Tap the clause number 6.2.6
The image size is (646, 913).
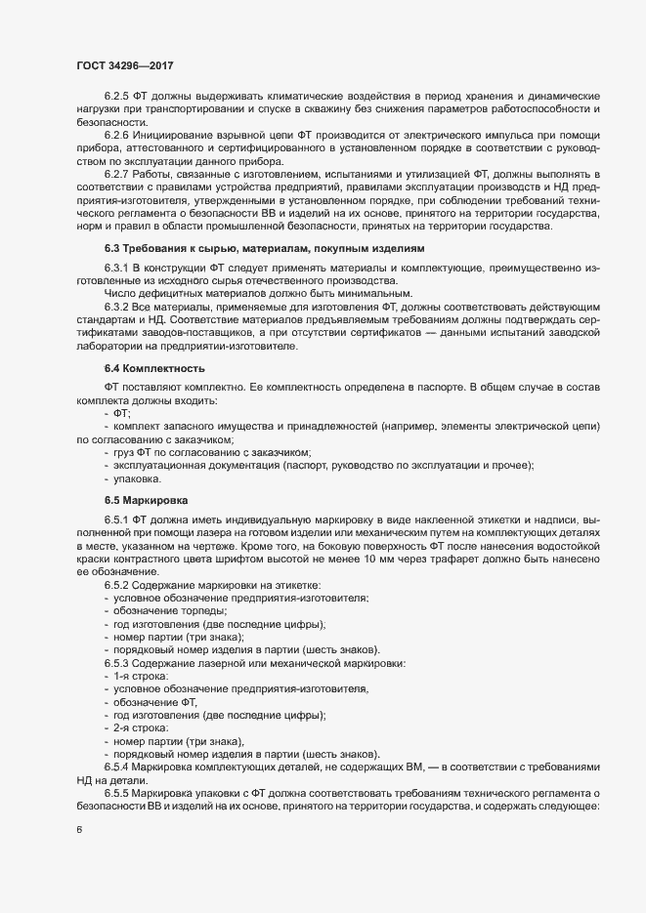point(118,135)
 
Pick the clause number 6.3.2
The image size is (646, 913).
point(118,308)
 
